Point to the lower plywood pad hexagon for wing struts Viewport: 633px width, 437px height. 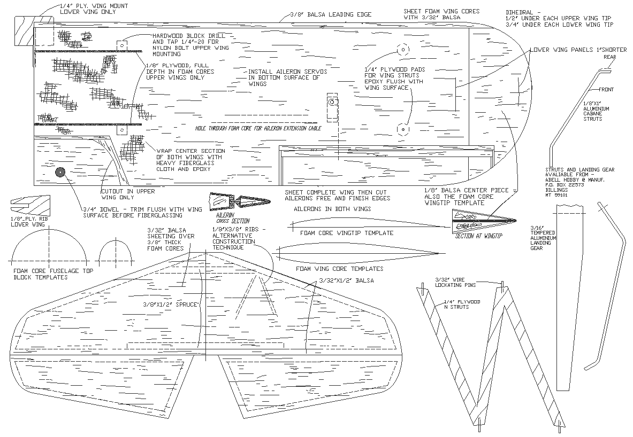point(402,129)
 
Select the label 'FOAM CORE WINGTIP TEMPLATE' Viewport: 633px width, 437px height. point(346,233)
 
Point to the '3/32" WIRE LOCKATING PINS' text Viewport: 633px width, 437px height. point(455,282)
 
